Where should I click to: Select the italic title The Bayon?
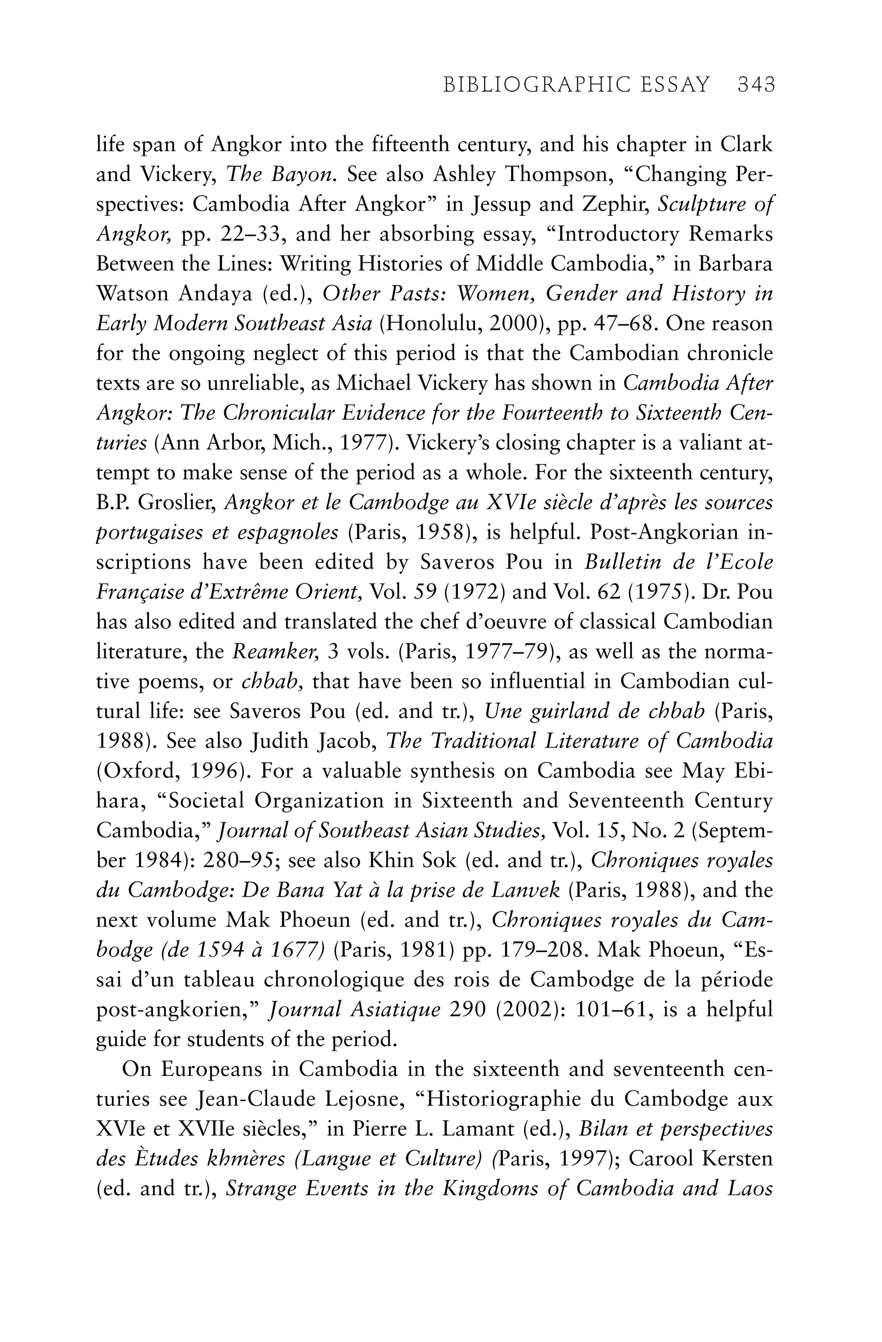point(281,175)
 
